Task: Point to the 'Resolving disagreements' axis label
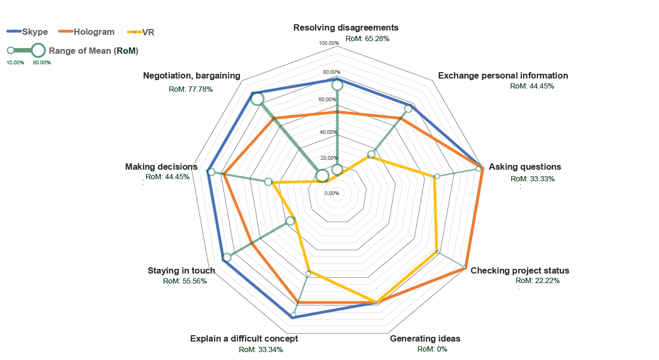point(346,27)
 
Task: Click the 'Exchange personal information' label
point(503,75)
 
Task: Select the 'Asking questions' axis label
point(525,167)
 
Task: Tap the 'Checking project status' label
point(520,270)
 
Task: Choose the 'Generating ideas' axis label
point(425,338)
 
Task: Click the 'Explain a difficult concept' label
point(244,338)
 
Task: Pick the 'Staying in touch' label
point(181,270)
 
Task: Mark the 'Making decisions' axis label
point(161,167)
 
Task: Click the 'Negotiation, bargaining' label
point(191,75)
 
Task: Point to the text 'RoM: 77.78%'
point(191,89)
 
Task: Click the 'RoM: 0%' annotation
point(432,349)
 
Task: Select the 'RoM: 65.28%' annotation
point(367,38)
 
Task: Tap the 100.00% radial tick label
point(329,43)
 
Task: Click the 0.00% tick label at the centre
point(332,193)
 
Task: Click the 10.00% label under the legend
point(15,63)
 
